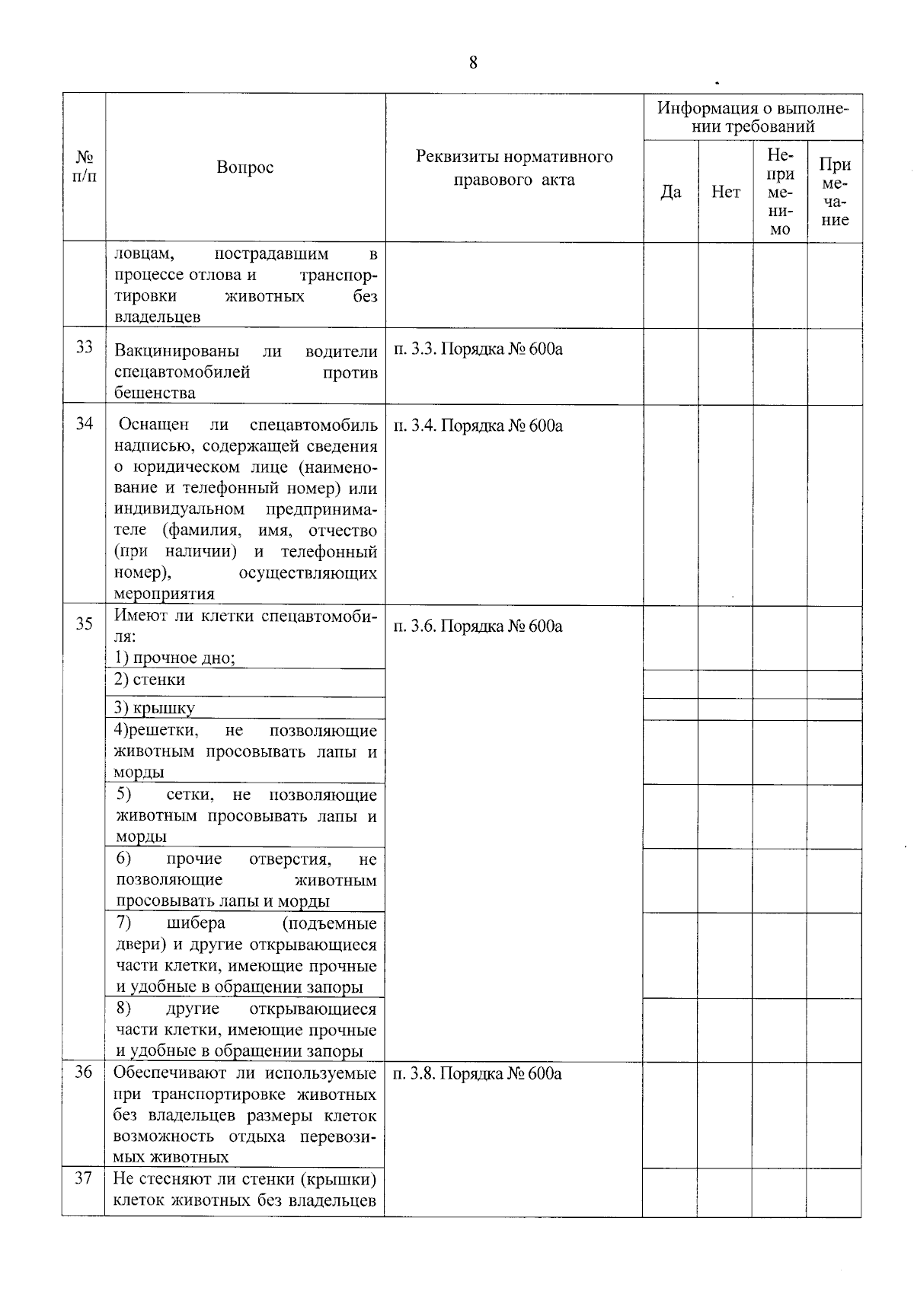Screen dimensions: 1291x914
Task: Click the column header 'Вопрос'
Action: click(244, 167)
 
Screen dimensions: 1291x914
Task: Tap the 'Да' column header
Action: click(670, 192)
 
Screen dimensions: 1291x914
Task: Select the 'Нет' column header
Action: click(725, 192)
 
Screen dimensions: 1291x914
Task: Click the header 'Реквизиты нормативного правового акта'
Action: click(514, 168)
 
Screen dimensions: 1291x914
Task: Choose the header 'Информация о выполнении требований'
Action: click(753, 116)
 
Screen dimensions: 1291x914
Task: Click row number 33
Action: click(84, 347)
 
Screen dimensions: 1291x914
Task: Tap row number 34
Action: click(84, 423)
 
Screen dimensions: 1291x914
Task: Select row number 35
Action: click(84, 623)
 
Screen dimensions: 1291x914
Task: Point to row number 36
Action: click(83, 1073)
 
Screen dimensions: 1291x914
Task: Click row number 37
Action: click(83, 1178)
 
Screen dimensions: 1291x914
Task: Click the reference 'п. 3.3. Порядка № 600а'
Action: click(478, 349)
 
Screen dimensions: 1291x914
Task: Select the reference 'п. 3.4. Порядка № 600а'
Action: click(478, 426)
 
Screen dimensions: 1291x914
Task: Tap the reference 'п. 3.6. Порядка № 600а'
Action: click(478, 626)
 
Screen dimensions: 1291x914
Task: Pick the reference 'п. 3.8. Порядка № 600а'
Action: click(478, 1074)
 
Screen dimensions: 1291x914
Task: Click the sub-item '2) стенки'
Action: click(150, 680)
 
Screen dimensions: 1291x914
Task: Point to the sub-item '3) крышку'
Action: click(155, 708)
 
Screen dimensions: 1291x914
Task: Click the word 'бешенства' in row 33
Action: click(155, 393)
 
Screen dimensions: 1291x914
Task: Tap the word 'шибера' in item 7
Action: click(196, 923)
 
